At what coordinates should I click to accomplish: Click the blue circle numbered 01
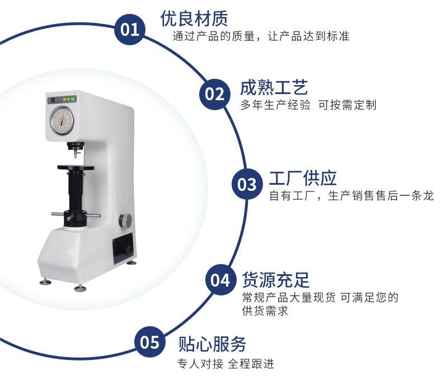[x=130, y=29]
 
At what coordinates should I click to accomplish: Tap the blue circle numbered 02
[x=214, y=93]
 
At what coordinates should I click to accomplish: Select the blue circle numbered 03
[x=247, y=184]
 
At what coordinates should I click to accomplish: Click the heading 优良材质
[x=194, y=18]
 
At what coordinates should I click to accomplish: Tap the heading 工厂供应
[x=303, y=178]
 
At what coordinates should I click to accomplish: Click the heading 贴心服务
[x=212, y=343]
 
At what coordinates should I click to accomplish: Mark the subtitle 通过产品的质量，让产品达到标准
[x=261, y=37]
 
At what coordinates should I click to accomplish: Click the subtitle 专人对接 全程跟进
[x=226, y=364]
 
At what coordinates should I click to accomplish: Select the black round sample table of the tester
[x=75, y=167]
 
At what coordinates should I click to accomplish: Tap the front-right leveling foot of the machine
[x=81, y=288]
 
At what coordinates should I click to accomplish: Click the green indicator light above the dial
[x=73, y=100]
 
